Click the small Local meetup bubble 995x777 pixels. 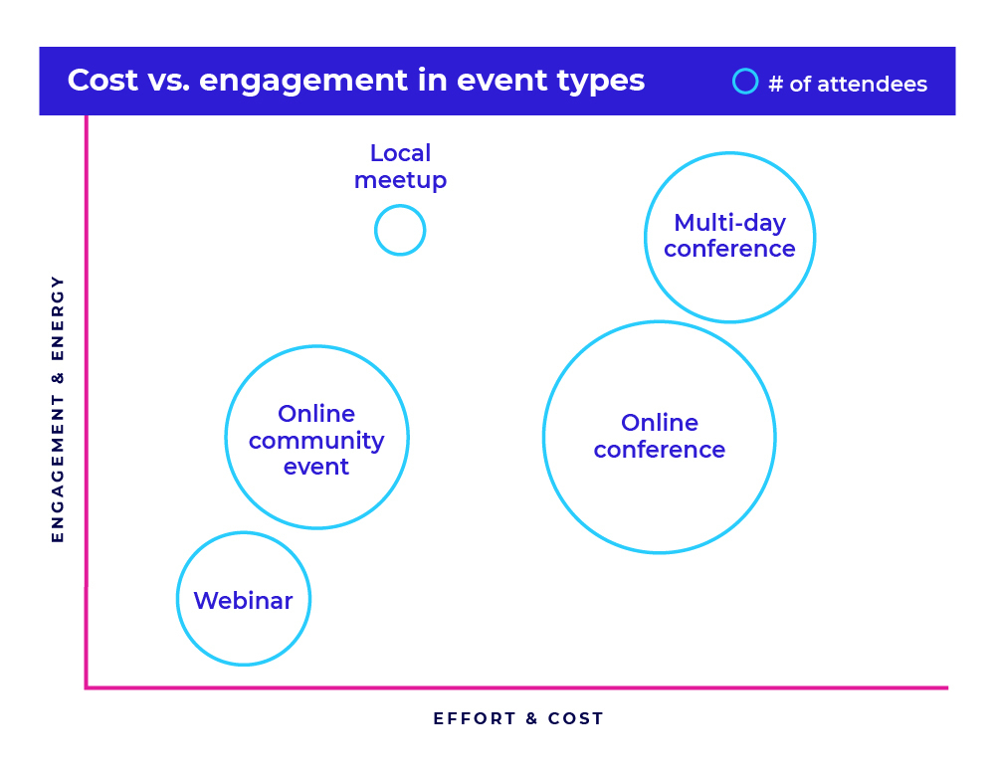(400, 206)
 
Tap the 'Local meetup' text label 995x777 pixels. (400, 166)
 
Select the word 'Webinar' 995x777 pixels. (243, 600)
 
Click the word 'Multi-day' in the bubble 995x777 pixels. (729, 223)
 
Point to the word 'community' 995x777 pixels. (316, 441)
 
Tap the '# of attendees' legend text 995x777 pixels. (848, 84)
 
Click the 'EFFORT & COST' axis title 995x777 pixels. (518, 718)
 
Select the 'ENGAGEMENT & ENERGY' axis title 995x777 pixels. (58, 409)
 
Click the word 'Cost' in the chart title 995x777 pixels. (102, 80)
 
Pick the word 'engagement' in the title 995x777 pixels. (303, 82)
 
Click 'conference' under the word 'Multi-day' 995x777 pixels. (729, 250)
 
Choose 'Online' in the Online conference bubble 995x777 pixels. (660, 423)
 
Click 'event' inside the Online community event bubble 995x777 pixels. (316, 468)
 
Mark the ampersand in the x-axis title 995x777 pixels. (531, 718)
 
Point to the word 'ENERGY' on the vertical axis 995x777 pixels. (58, 317)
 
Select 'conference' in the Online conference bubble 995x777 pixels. (660, 450)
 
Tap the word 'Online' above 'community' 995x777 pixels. (316, 414)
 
